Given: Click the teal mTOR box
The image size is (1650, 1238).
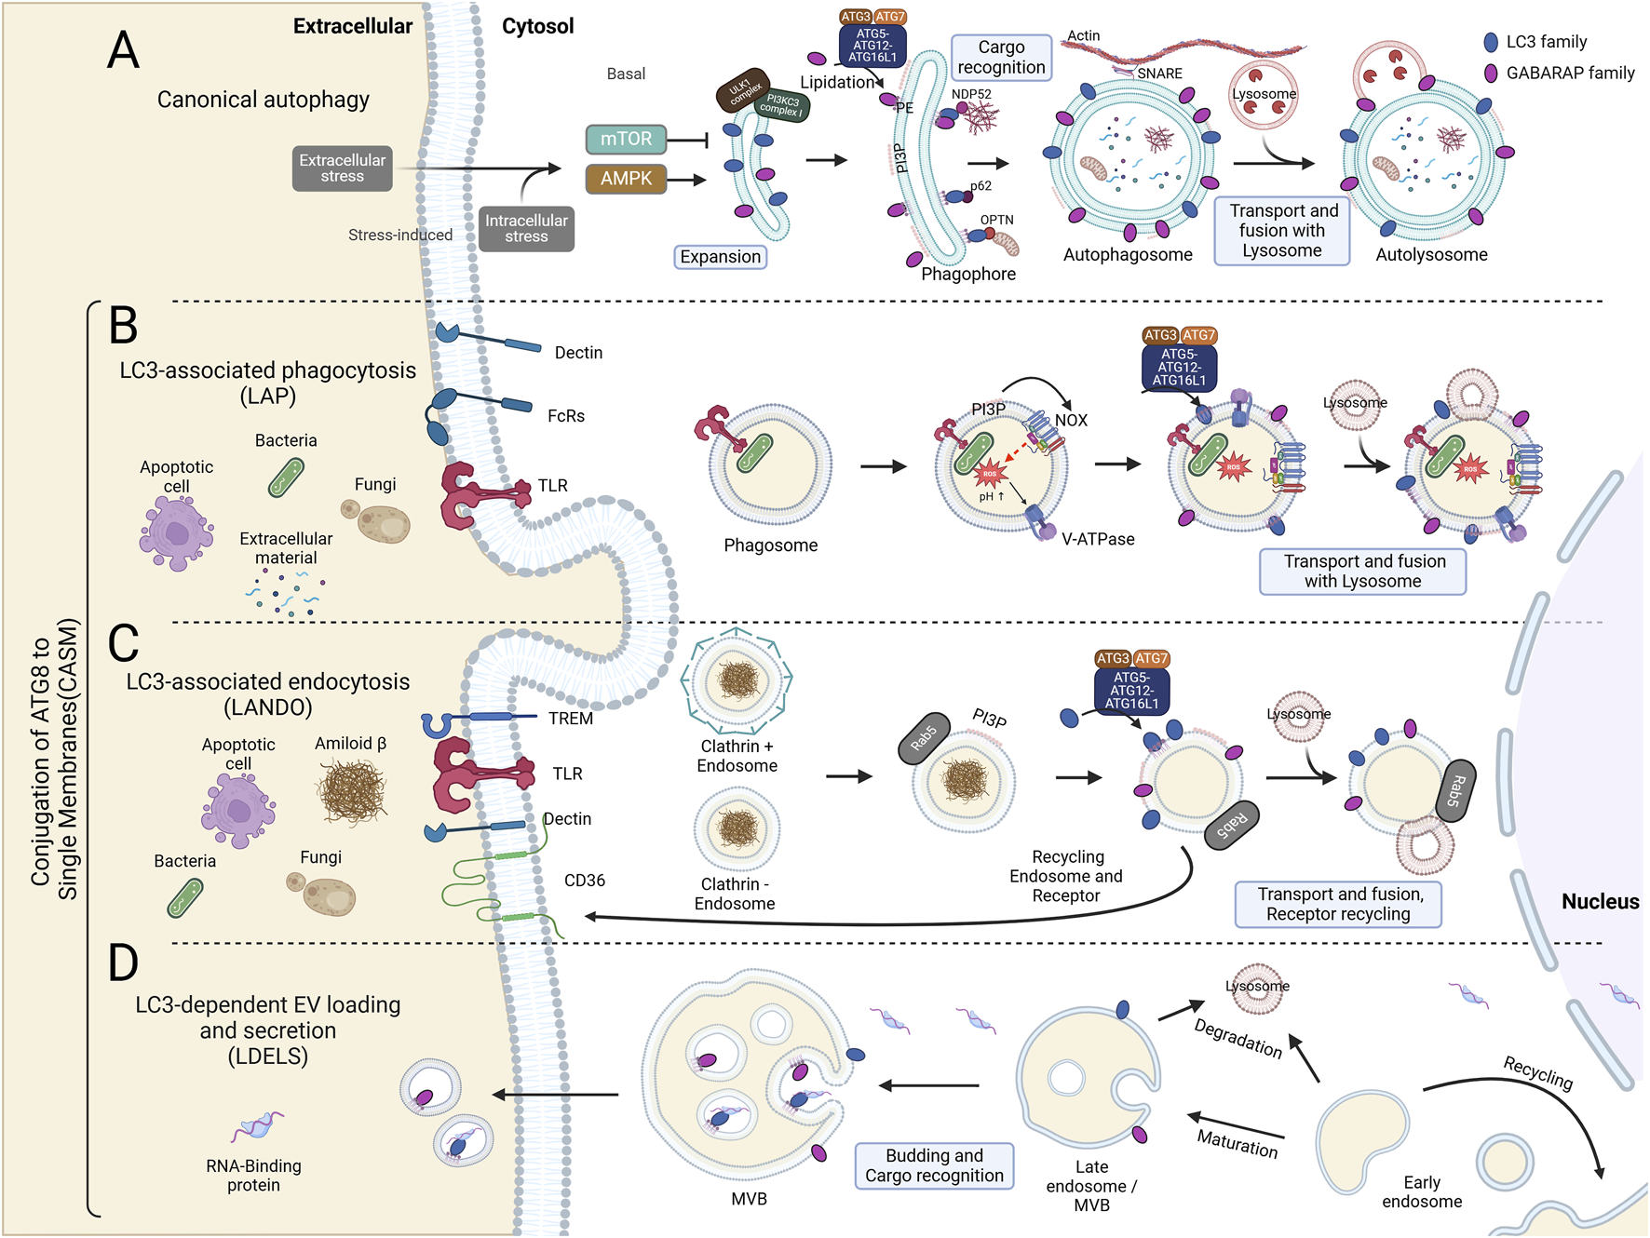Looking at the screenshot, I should (x=626, y=139).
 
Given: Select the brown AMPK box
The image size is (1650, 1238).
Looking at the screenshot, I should (x=626, y=178).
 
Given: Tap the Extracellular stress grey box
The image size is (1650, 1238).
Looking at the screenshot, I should (x=342, y=168).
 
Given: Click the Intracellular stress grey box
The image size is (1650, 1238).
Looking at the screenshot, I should (x=526, y=228).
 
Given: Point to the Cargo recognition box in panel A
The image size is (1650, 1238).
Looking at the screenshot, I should (x=1001, y=57).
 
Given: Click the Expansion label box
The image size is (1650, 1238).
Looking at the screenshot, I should (x=720, y=257).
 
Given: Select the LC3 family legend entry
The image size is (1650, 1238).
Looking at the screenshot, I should (x=1545, y=42).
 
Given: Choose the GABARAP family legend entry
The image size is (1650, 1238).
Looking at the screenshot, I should (x=1569, y=73).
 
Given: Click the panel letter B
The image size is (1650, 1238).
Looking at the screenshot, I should (x=124, y=326).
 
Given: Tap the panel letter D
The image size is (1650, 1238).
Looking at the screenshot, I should (x=123, y=963).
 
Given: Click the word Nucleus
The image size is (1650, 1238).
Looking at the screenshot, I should (x=1600, y=901).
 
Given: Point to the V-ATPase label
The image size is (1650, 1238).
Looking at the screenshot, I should (x=1098, y=539).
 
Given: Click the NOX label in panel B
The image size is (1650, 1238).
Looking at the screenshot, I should (x=1071, y=420).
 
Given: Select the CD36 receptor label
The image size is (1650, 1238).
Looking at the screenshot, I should (x=585, y=880).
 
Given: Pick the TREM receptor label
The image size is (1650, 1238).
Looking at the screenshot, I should (x=570, y=718).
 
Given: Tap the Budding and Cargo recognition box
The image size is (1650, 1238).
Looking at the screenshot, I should (x=934, y=1165).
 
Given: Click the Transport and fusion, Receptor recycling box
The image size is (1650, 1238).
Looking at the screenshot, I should (x=1338, y=904).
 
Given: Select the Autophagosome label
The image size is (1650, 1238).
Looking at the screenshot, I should (x=1128, y=254).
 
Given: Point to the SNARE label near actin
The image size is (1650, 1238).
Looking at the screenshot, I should (x=1159, y=74).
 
